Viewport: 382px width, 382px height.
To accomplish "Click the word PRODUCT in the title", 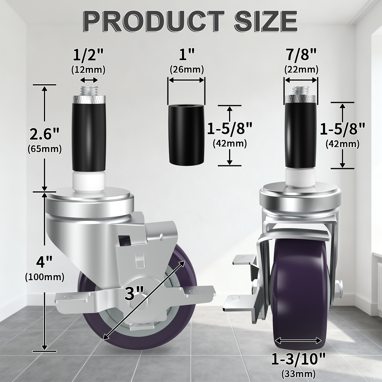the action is point(153,21).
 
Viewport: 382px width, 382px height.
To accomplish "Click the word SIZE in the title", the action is point(266,21).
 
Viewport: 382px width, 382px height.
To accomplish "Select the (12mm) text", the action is point(88,70).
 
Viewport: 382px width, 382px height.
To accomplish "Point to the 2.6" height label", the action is point(44,134).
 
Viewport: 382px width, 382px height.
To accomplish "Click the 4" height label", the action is point(44,262).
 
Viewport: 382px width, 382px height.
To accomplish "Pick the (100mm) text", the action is point(45,277).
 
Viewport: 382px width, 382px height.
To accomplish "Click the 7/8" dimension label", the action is point(301,54).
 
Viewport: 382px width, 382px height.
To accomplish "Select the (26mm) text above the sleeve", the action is point(187,70).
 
